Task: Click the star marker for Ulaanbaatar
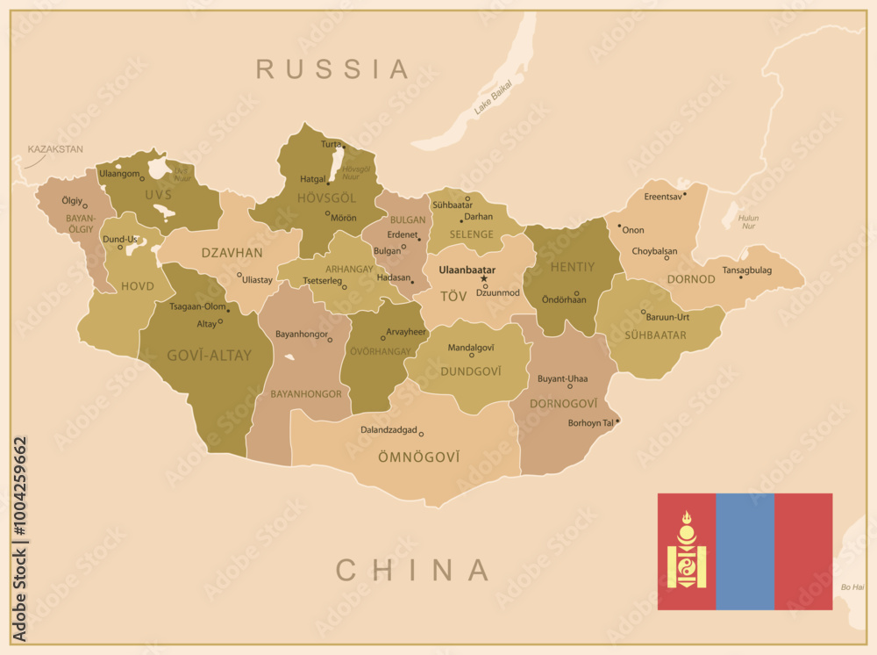483,278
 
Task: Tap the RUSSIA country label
333,68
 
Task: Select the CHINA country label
413,570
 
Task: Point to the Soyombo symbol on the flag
687,551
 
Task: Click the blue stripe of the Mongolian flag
745,551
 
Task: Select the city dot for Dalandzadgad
421,434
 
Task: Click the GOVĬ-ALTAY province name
209,356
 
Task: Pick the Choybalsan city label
654,250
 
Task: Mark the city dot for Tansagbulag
740,277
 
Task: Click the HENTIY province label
572,266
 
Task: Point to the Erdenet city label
403,234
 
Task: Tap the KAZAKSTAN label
55,149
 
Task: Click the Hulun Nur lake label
748,220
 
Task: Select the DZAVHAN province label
232,253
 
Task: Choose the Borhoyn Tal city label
591,422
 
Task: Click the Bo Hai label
852,587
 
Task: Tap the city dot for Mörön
327,212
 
